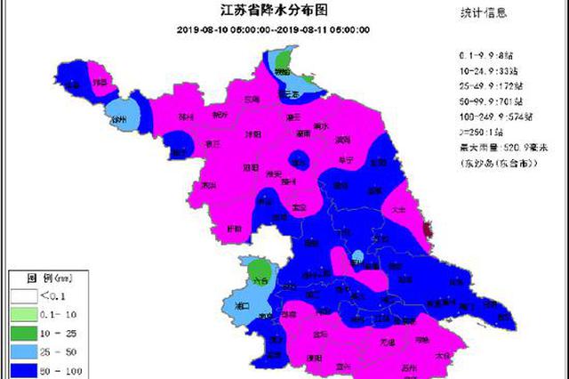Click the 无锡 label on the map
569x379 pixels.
click(389, 342)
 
